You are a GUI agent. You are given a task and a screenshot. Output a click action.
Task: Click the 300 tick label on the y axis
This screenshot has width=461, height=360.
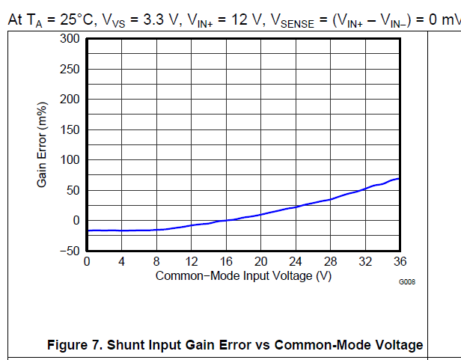(71, 39)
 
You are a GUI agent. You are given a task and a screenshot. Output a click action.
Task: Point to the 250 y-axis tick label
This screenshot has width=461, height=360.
(71, 70)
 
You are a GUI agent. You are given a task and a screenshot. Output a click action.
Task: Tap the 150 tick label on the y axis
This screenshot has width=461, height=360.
(71, 130)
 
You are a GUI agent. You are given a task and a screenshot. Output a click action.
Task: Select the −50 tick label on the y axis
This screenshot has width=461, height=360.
(69, 251)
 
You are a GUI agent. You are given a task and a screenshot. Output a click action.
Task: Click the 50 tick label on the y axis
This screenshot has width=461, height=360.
(74, 190)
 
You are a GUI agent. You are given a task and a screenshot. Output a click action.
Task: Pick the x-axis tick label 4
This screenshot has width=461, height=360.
(122, 262)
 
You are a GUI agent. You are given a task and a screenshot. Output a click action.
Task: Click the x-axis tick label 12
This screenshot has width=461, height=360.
(192, 262)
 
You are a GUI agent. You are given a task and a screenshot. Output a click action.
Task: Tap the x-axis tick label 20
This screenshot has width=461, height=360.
(261, 262)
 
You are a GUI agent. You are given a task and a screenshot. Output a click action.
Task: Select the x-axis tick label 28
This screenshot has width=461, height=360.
(331, 262)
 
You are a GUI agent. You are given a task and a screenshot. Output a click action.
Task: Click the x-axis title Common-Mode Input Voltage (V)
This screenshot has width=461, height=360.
(243, 275)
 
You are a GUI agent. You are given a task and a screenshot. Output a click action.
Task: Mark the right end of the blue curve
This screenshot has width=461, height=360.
(400, 178)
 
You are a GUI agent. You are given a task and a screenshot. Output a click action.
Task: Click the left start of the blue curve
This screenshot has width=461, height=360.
(88, 231)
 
